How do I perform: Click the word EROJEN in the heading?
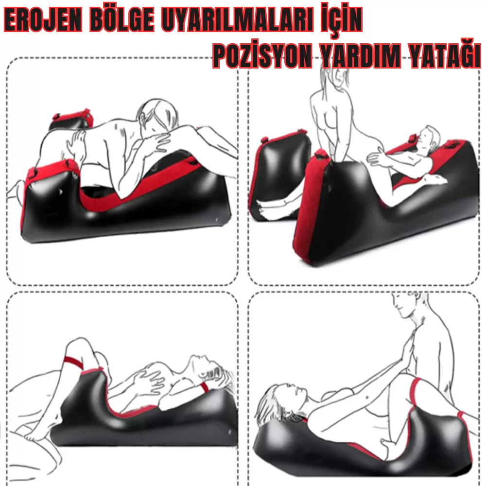point(43,21)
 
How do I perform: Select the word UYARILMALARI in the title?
point(238,21)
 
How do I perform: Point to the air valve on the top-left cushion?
point(217,220)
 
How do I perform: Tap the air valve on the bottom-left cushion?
point(230,432)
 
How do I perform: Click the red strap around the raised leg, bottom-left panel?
point(73,363)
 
